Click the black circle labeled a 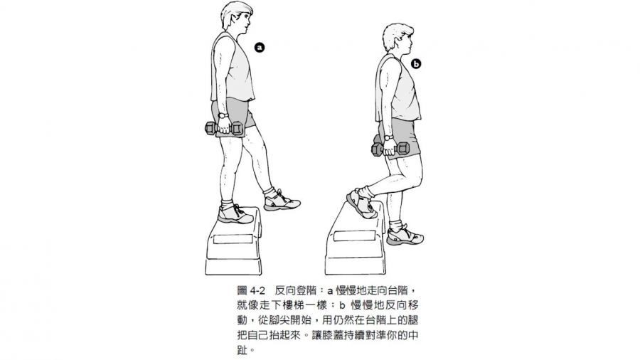[x=259, y=48]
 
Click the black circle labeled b [x=415, y=64]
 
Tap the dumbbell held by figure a [x=225, y=128]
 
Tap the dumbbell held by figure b [x=390, y=149]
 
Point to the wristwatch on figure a [x=223, y=115]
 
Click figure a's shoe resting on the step [x=235, y=215]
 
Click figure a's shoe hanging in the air [x=281, y=201]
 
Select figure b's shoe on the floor [x=405, y=235]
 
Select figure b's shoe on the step [x=361, y=203]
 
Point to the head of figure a [x=237, y=17]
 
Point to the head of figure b [x=399, y=39]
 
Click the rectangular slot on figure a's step [x=233, y=239]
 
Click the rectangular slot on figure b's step [x=355, y=236]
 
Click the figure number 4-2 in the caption [x=257, y=290]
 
